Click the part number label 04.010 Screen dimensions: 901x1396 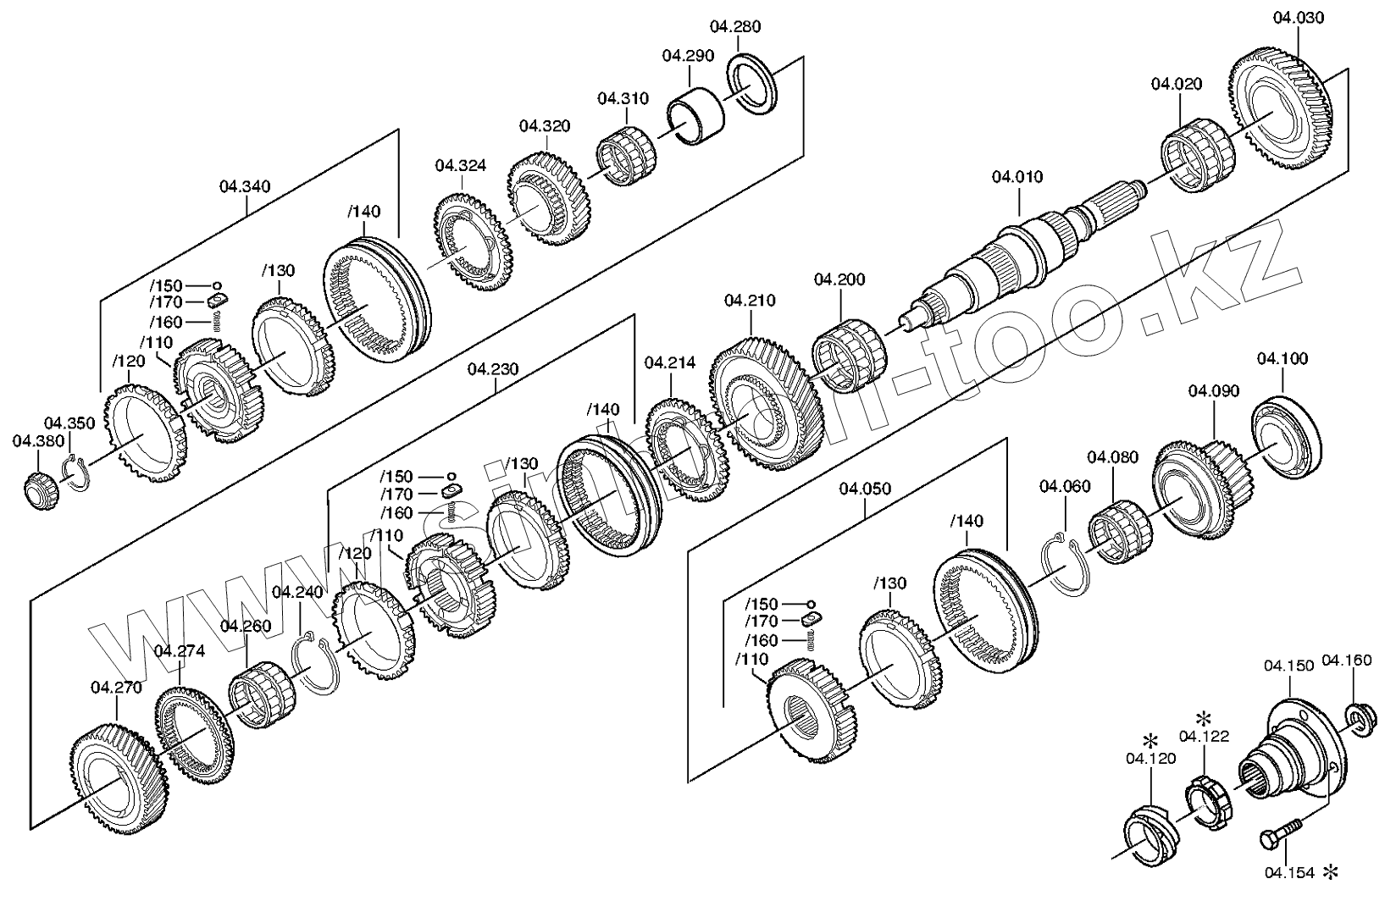coord(1017,177)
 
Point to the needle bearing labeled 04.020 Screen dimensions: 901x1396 coord(1196,158)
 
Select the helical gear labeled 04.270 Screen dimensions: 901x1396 coord(118,776)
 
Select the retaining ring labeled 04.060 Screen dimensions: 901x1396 coord(1062,562)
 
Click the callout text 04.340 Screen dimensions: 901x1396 coord(245,186)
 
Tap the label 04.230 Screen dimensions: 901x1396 coord(492,368)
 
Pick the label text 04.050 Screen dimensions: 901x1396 coord(864,489)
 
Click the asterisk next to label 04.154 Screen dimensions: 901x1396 coord(1332,871)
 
